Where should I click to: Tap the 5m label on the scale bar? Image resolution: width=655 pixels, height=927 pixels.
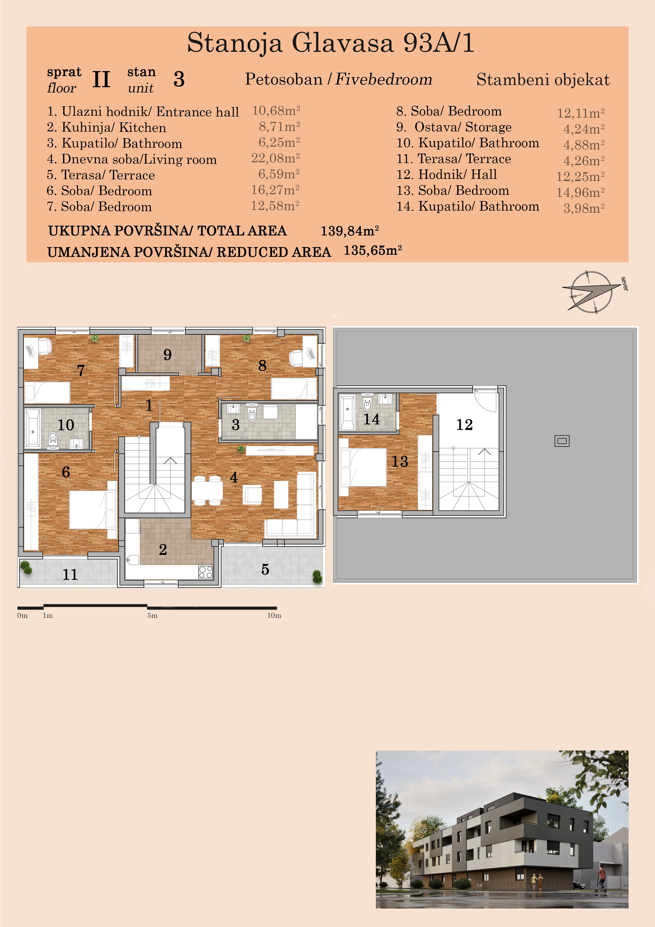(152, 615)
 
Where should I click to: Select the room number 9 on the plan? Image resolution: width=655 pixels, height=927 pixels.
(167, 355)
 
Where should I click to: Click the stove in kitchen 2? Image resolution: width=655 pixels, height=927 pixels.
(205, 572)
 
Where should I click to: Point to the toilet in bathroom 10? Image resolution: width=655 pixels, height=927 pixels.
(53, 438)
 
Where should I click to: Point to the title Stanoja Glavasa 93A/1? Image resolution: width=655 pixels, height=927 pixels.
(330, 43)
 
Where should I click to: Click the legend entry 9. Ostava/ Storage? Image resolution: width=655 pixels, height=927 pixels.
(454, 127)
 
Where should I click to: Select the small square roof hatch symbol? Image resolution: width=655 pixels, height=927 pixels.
(562, 441)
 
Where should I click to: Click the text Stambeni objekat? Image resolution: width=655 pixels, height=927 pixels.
(543, 80)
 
